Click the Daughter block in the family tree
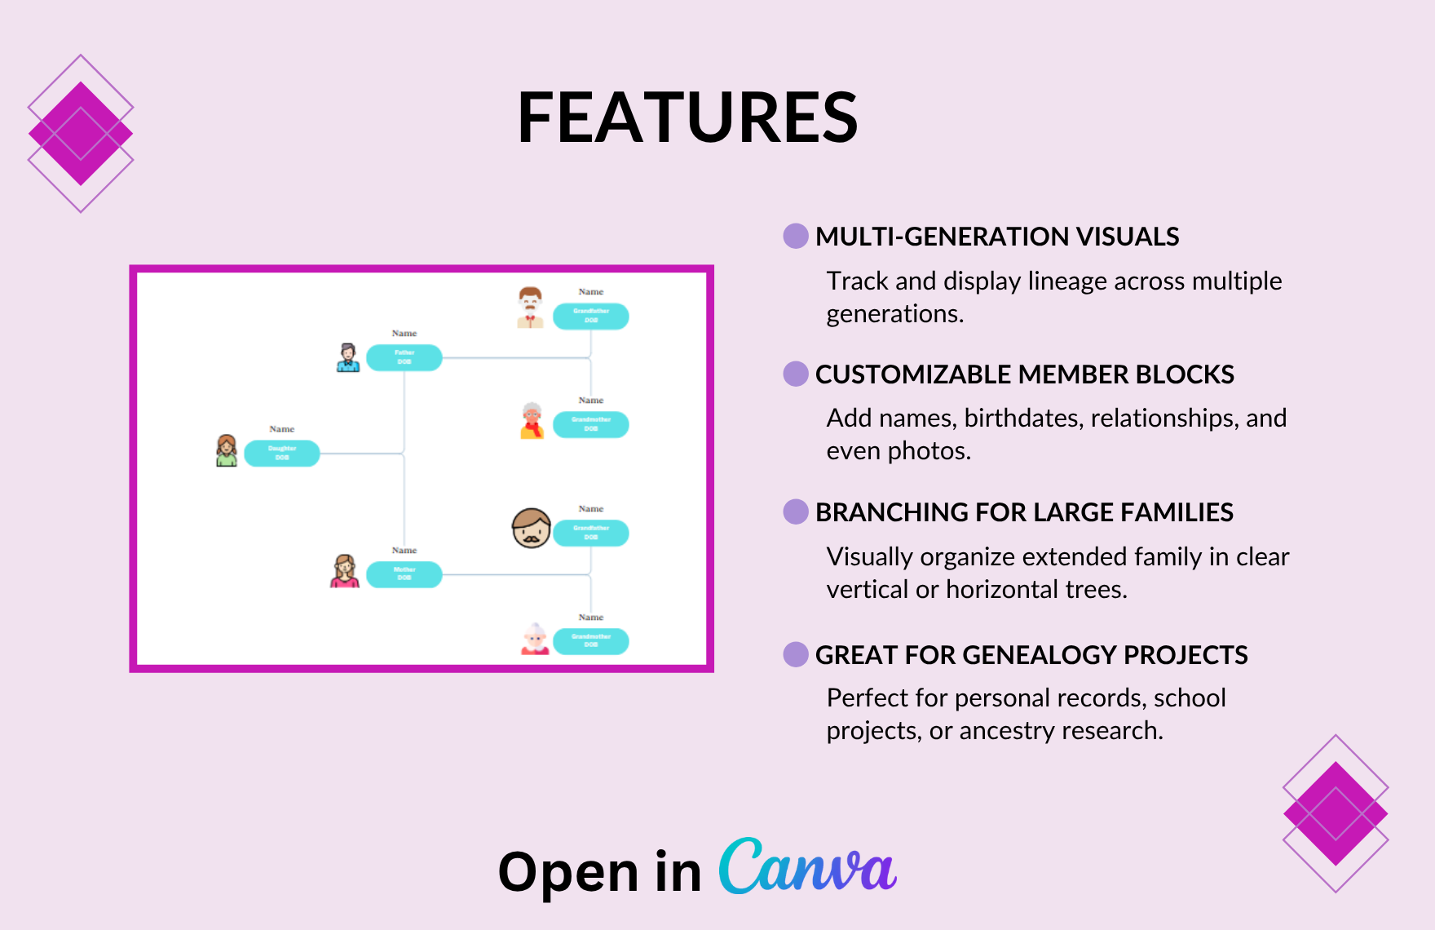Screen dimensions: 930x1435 click(x=282, y=453)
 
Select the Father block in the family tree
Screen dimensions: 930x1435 click(x=404, y=357)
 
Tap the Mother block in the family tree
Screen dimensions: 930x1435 click(x=404, y=573)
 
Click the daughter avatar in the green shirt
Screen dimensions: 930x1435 click(x=227, y=450)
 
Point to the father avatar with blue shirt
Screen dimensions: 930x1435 click(x=348, y=357)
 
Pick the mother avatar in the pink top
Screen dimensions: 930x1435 click(x=345, y=571)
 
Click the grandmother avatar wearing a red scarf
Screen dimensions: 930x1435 click(x=532, y=421)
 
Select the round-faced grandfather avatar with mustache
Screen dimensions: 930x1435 click(x=532, y=529)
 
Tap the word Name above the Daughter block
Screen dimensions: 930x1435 click(x=282, y=429)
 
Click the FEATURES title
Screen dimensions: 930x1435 click(x=688, y=117)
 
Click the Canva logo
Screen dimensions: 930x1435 click(x=807, y=866)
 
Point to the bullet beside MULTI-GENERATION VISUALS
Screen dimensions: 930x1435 click(x=796, y=236)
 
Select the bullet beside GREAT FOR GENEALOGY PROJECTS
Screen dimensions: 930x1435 click(x=796, y=654)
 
